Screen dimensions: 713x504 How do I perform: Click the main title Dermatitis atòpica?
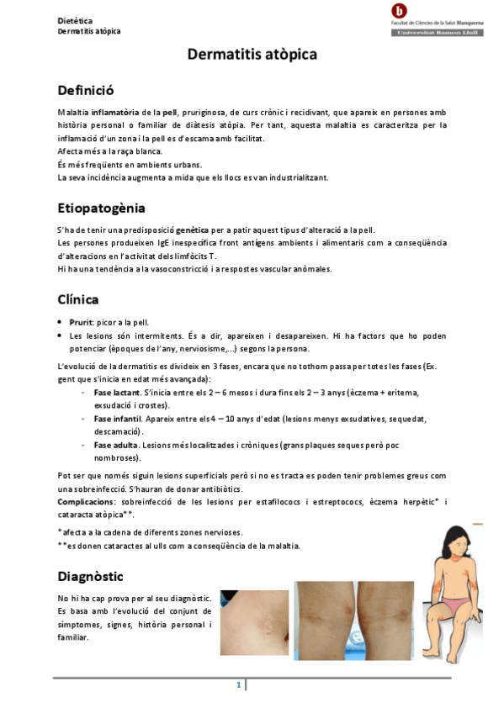[x=252, y=55]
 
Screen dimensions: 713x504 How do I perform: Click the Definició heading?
[x=85, y=90]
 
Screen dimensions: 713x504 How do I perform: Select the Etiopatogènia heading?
[x=101, y=207]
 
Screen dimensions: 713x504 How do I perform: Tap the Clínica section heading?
[x=78, y=298]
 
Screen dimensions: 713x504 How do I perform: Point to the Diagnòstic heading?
[x=90, y=576]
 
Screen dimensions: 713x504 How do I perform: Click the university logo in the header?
[x=399, y=11]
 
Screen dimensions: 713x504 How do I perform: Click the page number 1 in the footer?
[x=239, y=684]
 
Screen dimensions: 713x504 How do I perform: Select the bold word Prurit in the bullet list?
[x=81, y=322]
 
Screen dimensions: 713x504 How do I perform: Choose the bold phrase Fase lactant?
[x=117, y=393]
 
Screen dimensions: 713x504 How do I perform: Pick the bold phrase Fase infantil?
[x=118, y=418]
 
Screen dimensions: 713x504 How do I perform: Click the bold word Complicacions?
[x=92, y=502]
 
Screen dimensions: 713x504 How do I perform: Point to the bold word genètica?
[x=193, y=230]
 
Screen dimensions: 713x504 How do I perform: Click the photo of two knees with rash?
[x=354, y=619]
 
